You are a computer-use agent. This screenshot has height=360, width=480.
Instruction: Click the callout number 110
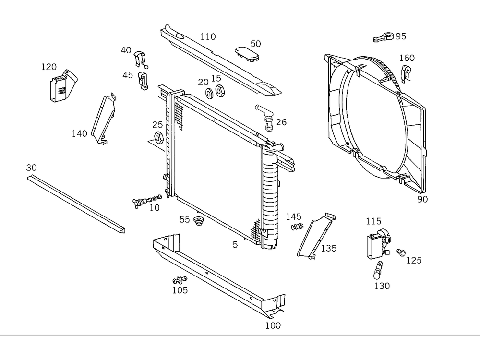coord(208,37)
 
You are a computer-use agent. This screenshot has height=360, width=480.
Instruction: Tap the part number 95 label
coord(401,36)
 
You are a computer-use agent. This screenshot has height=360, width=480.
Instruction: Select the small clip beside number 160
coord(406,73)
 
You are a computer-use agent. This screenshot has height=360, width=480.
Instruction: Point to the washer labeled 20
coord(210,92)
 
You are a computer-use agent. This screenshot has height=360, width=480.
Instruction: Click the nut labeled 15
coord(220,90)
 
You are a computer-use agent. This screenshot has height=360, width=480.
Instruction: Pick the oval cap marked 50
coord(247,53)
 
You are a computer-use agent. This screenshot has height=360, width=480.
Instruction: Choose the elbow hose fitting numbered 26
coord(265,116)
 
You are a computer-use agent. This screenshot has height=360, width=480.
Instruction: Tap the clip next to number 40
coord(140,58)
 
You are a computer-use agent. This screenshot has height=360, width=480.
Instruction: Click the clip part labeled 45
coord(143,80)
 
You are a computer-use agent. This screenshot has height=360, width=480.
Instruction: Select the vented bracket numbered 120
coord(59,86)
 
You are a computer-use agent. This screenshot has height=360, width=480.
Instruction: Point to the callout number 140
coord(80,133)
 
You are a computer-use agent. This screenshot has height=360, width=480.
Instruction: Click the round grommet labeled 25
coord(157,139)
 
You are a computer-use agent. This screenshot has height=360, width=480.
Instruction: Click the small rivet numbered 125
coord(401,252)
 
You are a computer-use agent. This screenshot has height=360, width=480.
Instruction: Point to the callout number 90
coord(422,199)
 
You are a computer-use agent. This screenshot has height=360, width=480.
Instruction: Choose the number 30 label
coord(31,168)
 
